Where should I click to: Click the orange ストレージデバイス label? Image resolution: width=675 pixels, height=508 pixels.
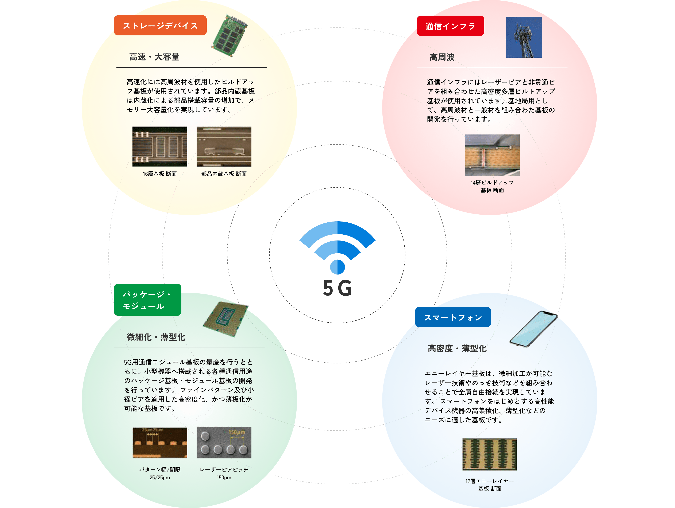point(160,26)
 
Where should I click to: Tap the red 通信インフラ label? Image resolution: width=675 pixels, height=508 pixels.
point(450,26)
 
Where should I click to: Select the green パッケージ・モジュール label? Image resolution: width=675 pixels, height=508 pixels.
point(148,300)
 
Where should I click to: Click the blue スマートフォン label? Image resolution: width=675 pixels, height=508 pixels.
point(453,317)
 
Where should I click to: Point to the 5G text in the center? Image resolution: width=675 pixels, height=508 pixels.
point(337,288)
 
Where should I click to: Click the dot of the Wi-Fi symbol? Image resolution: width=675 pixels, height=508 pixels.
point(337,267)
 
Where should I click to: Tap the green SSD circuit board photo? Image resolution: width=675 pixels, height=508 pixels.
point(230,36)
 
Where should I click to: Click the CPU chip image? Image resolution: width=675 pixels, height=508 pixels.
point(226,319)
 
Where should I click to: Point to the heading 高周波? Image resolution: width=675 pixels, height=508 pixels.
point(442,57)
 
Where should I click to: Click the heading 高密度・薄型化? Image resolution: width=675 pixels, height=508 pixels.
point(457,348)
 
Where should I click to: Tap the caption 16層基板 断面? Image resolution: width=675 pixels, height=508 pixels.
point(160,174)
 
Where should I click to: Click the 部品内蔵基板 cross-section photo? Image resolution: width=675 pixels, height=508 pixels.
point(224,147)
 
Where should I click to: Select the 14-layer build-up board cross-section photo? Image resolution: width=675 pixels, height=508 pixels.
point(492,155)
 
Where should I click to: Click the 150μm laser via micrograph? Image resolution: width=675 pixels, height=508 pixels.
point(224,442)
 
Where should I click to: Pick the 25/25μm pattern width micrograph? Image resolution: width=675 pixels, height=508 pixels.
point(160,442)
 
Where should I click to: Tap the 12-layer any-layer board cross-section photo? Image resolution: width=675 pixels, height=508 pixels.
point(489,454)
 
